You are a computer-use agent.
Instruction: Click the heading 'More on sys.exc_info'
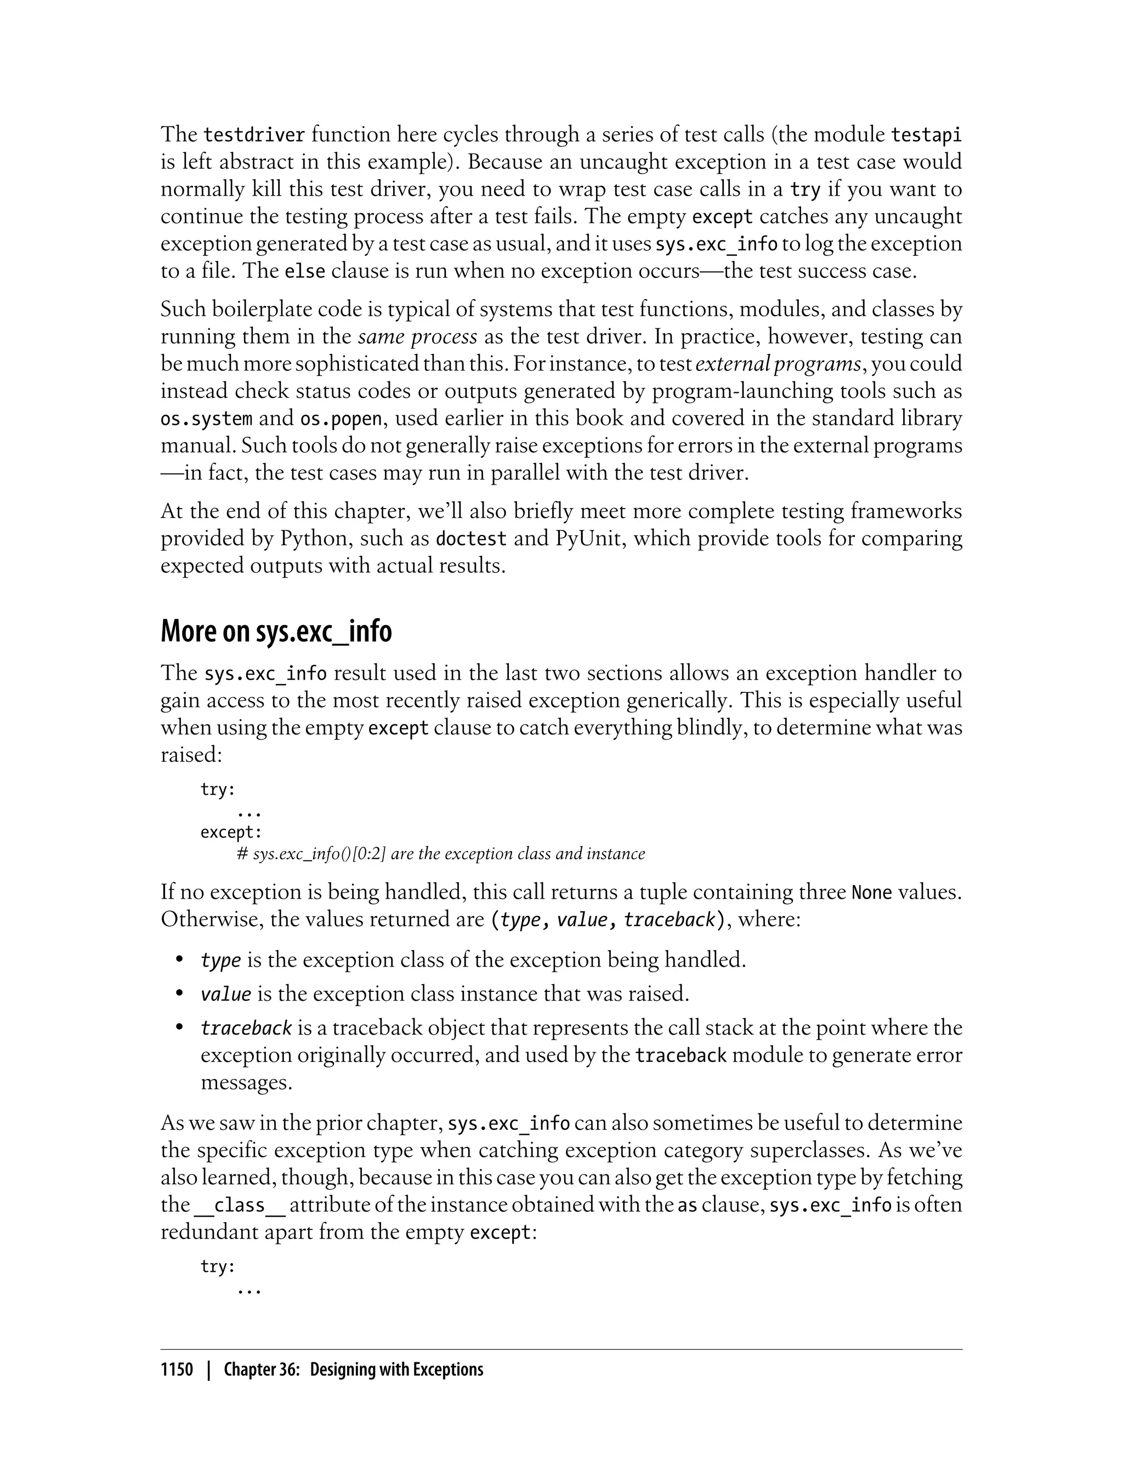pos(276,631)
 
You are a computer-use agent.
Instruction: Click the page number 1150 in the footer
pos(177,1369)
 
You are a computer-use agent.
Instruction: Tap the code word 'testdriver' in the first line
pos(254,135)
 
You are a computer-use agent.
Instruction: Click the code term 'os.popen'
pos(341,419)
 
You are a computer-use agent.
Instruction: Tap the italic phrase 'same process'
pos(418,336)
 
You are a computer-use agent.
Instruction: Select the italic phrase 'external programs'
pos(778,364)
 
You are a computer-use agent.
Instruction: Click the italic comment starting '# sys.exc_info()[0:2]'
pos(441,854)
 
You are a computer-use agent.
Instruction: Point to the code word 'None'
pos(872,893)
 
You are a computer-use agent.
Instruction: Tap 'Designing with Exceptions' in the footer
pos(396,1369)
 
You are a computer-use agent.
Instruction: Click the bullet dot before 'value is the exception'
pos(179,994)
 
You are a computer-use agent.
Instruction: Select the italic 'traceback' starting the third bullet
pos(246,1028)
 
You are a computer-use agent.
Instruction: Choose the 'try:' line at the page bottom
pos(218,1266)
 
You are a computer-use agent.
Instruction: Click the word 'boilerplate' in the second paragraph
pos(268,309)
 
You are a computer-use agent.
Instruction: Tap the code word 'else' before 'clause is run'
pos(305,271)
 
